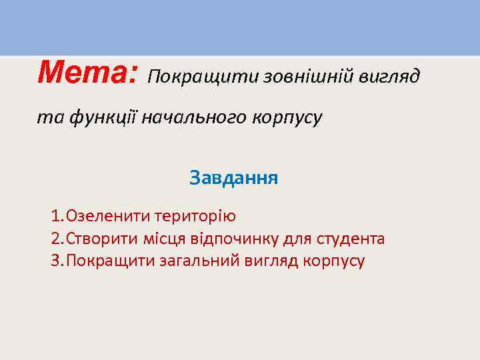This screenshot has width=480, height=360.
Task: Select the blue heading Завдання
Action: [x=233, y=178]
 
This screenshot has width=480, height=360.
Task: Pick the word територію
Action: [x=195, y=217]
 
